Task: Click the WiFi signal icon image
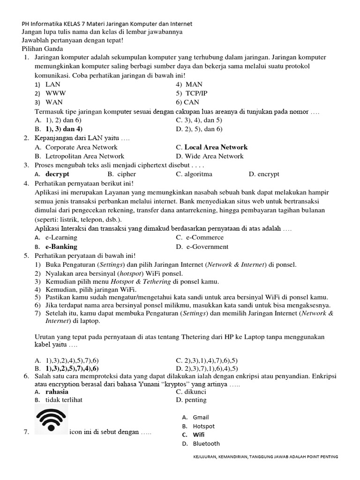(x=52, y=419)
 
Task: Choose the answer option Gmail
(x=201, y=417)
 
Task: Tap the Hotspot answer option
(x=203, y=426)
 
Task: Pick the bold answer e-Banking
(x=61, y=247)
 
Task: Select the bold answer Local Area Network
(x=216, y=147)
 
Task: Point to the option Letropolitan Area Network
(x=85, y=156)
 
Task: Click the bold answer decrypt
(x=57, y=174)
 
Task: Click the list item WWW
(x=55, y=93)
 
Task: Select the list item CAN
(x=192, y=102)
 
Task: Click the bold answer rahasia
(x=57, y=391)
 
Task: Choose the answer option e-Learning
(x=61, y=237)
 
